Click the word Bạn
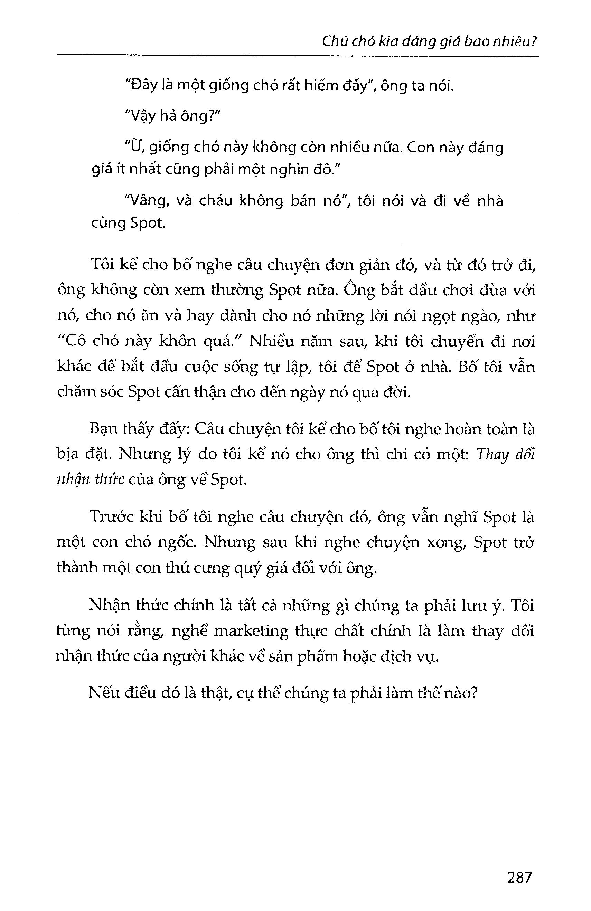[x=102, y=429]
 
